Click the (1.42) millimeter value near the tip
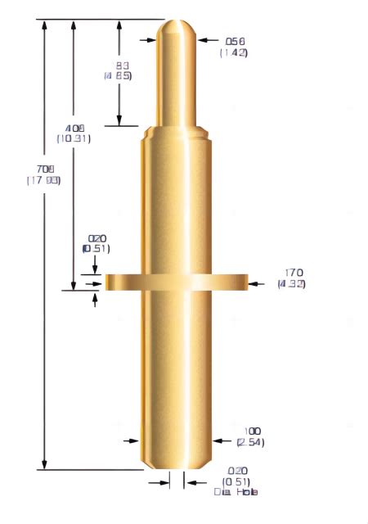[x=233, y=52]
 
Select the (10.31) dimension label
[x=74, y=138]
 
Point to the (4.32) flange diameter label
[x=291, y=284]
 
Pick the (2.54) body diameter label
[x=250, y=442]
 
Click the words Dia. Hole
[x=236, y=492]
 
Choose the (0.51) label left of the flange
[x=96, y=249]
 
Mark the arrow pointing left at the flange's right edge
[x=255, y=283]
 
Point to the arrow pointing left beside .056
[x=204, y=38]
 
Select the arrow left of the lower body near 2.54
[x=132, y=440]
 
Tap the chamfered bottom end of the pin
[x=177, y=466]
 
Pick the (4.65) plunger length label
[x=118, y=76]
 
